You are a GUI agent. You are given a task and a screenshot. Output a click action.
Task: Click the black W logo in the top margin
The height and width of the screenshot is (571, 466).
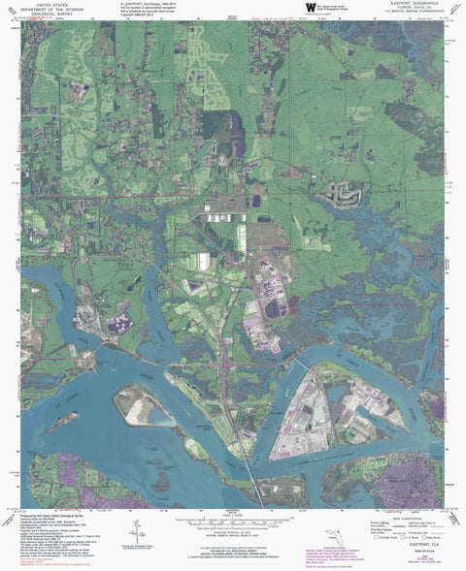(x=311, y=9)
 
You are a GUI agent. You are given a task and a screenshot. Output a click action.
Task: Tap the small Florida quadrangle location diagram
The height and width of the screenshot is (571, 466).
(x=331, y=532)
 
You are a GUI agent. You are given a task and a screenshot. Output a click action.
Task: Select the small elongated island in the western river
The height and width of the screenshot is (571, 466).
(x=60, y=420)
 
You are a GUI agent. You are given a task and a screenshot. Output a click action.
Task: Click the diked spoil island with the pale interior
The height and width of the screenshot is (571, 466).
(x=145, y=406)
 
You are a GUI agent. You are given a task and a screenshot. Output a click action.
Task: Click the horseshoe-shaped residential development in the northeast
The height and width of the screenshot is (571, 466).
(x=342, y=198)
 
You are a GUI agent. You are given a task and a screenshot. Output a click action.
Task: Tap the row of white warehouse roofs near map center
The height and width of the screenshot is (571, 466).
(x=208, y=262)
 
